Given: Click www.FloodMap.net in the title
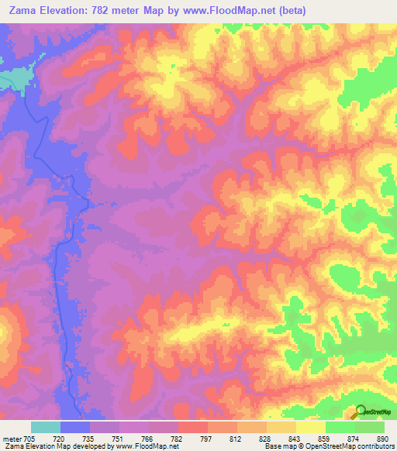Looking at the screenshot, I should pos(221,11).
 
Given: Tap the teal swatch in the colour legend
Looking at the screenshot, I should pos(46,427).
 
